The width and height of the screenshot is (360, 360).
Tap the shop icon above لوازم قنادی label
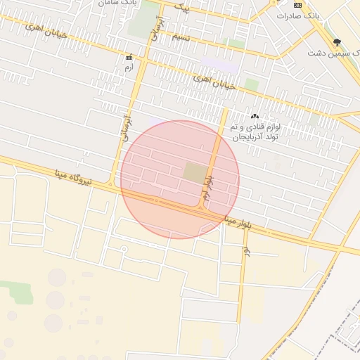(255, 117)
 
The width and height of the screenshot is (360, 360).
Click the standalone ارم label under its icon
(128, 67)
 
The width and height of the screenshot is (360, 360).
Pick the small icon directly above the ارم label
(128, 56)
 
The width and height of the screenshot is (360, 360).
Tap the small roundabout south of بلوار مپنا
(124, 249)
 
